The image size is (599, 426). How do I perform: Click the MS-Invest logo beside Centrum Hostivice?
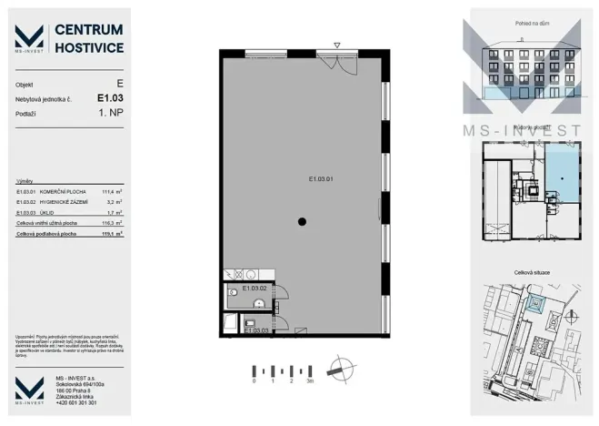[x=29, y=38]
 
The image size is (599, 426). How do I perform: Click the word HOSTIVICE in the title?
[x=89, y=46]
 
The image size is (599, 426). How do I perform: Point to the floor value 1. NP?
[x=110, y=115]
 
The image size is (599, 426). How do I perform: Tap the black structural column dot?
[x=303, y=222]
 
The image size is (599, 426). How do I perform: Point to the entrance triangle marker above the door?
[x=336, y=44]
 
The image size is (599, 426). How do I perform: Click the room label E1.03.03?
[x=259, y=330]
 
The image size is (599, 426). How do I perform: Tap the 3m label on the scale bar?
[x=310, y=382]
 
